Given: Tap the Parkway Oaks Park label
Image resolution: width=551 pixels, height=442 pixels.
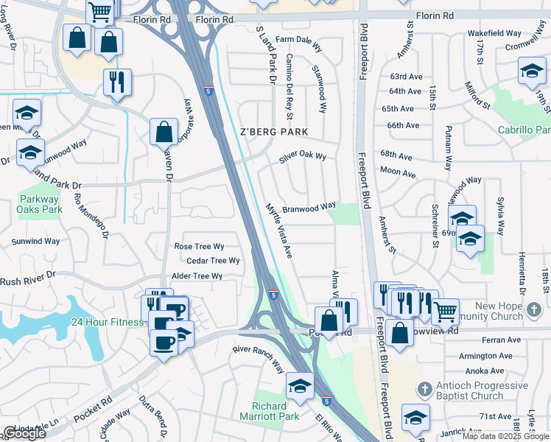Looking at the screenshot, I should pyautogui.click(x=40, y=204).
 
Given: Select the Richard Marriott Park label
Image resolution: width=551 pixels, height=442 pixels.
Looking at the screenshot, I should pyautogui.click(x=270, y=411).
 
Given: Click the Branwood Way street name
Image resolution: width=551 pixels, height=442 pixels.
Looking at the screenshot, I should pyautogui.click(x=309, y=207).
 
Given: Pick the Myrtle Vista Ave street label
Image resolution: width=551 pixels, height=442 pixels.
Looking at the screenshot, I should pyautogui.click(x=279, y=231).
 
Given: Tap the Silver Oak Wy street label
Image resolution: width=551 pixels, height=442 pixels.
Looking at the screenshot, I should pyautogui.click(x=302, y=157).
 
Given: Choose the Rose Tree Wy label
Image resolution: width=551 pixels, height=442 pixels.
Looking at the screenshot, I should pyautogui.click(x=199, y=247).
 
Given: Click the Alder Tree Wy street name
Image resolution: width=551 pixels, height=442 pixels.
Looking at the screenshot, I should pyautogui.click(x=197, y=276).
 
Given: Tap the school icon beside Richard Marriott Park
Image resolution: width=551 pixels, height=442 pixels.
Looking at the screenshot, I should pyautogui.click(x=300, y=386).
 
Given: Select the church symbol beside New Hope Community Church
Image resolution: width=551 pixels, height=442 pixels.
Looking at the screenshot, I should pyautogui.click(x=534, y=312).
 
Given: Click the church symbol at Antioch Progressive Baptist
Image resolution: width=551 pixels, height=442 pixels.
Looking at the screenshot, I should pyautogui.click(x=424, y=389).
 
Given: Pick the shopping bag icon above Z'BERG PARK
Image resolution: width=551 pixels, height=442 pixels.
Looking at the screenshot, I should pyautogui.click(x=164, y=133).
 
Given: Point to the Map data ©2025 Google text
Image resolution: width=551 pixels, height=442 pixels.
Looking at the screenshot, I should pyautogui.click(x=505, y=436).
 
